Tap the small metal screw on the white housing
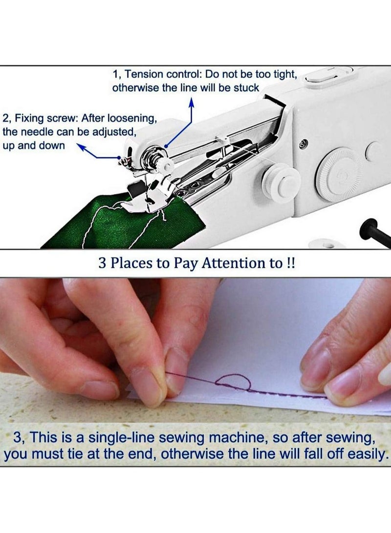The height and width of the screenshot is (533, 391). (304, 143)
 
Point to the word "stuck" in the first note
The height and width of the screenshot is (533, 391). (247, 88)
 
